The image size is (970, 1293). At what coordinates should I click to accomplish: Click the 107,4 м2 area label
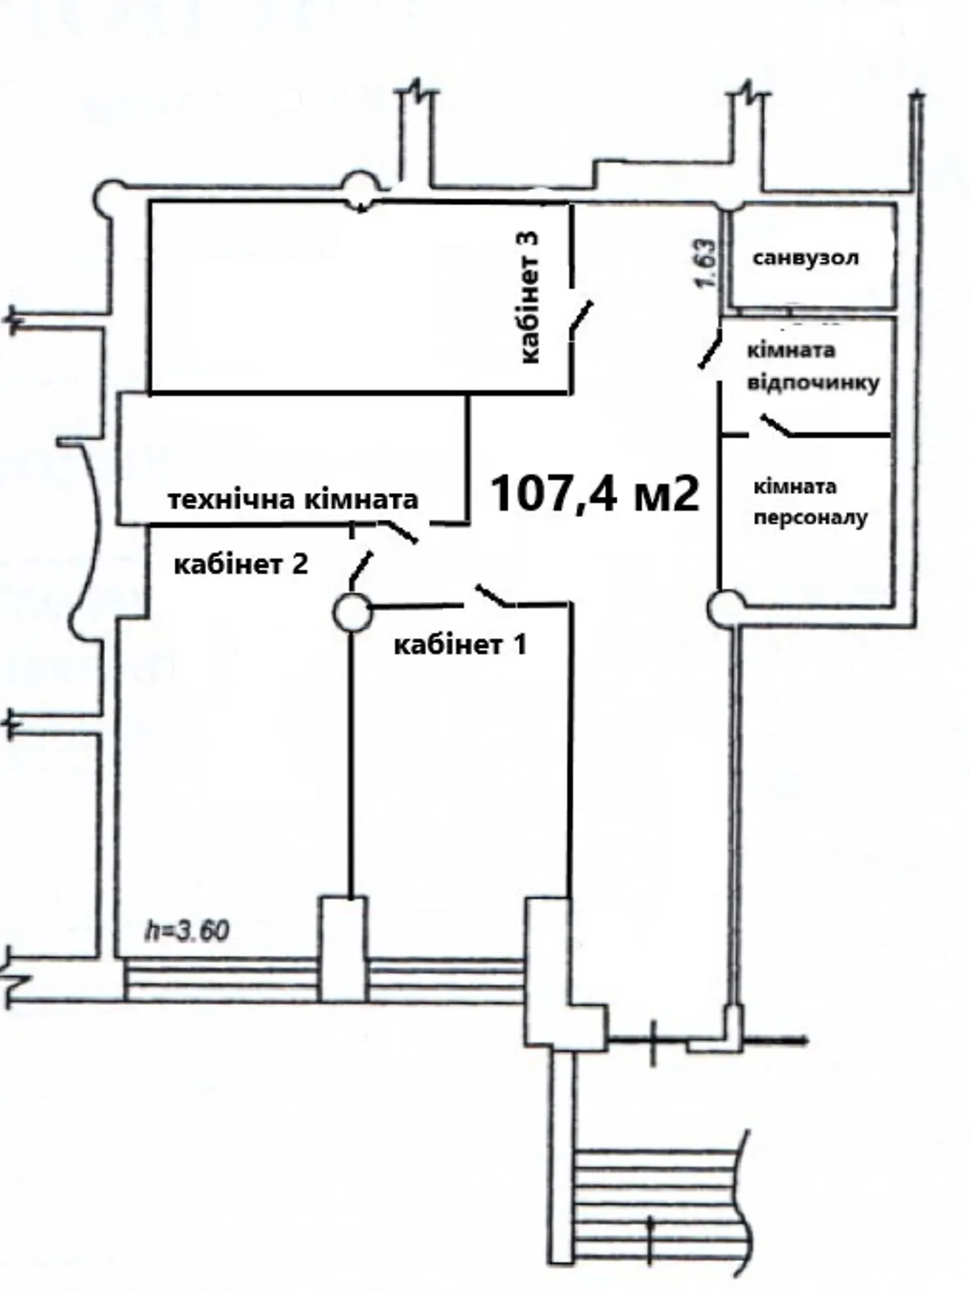click(x=595, y=494)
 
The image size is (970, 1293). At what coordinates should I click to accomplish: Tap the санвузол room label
click(x=806, y=258)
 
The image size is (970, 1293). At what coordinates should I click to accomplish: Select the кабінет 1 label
click(x=460, y=645)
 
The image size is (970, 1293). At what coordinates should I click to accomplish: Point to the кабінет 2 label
click(x=241, y=565)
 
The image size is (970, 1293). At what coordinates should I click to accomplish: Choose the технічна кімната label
click(x=293, y=500)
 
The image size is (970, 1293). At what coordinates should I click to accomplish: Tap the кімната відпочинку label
click(x=813, y=366)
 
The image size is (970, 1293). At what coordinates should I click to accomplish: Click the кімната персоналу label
click(x=811, y=503)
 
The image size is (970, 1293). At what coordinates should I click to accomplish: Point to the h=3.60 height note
click(x=188, y=931)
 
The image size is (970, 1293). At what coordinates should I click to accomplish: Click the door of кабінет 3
click(x=580, y=316)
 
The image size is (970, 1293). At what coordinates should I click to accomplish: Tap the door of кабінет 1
click(x=496, y=595)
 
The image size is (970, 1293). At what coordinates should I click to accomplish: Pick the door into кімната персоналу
click(x=777, y=425)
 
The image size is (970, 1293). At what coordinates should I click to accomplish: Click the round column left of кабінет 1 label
click(x=352, y=612)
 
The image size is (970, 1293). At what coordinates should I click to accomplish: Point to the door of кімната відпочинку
click(x=709, y=349)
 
